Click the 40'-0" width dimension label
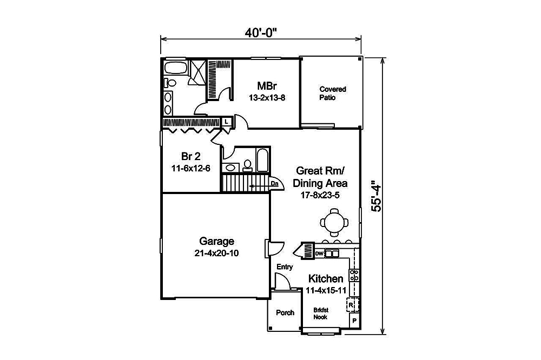pyautogui.click(x=260, y=32)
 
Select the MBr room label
pyautogui.click(x=267, y=86)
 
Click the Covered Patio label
pyautogui.click(x=332, y=93)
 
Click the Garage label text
pyautogui.click(x=216, y=241)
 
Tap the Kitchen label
pyautogui.click(x=326, y=279)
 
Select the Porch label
pyautogui.click(x=285, y=313)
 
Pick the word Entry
pyautogui.click(x=285, y=267)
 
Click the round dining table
pyautogui.click(x=332, y=221)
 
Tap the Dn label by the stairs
pyautogui.click(x=274, y=184)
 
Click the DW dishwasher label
pyautogui.click(x=319, y=253)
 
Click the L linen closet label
pyautogui.click(x=226, y=123)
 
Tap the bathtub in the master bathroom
pyautogui.click(x=175, y=69)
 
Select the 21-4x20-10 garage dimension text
pyautogui.click(x=216, y=253)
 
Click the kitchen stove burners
pyautogui.click(x=355, y=275)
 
